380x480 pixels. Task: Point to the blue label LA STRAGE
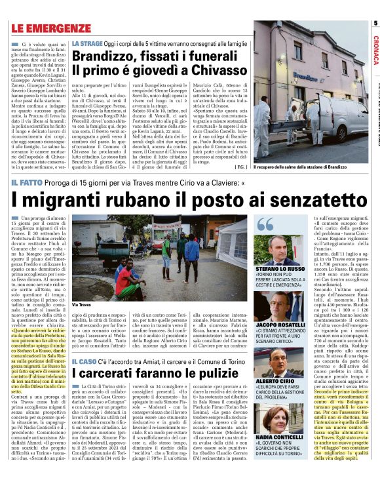87,43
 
